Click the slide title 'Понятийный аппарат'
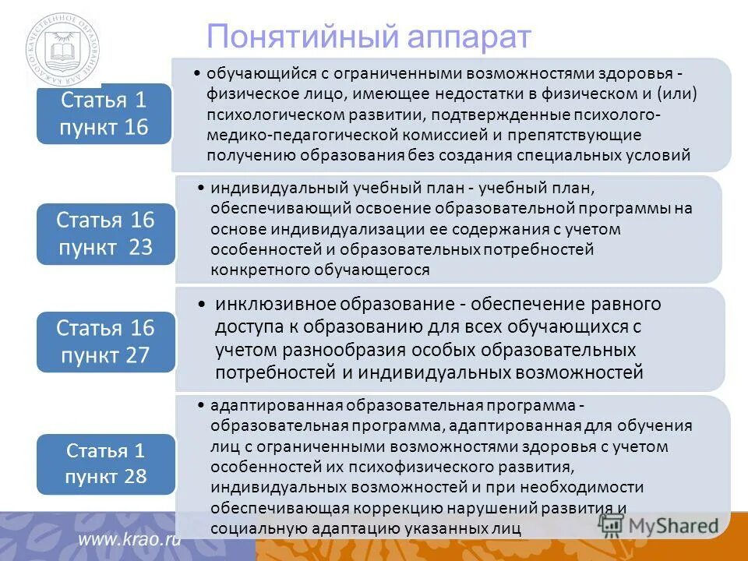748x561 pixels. point(369,37)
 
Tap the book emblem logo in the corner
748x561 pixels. point(62,52)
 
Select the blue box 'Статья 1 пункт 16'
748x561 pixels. point(104,113)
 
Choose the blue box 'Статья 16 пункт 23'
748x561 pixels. point(105,233)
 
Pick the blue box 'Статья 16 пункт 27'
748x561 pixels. point(105,340)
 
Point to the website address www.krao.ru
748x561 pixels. point(129,539)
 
